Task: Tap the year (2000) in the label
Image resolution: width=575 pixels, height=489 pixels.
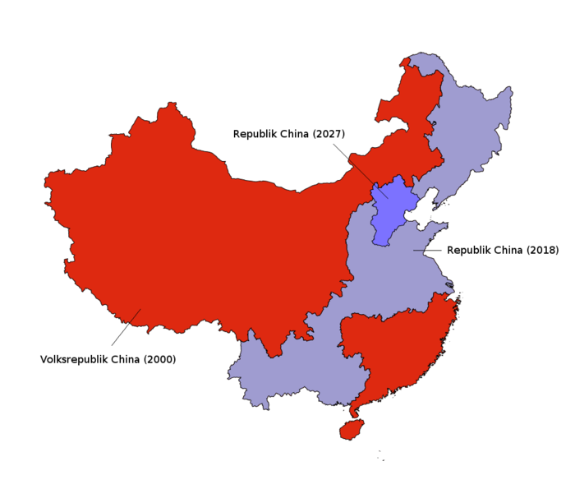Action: pos(159,359)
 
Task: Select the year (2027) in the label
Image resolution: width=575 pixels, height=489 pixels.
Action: pos(329,134)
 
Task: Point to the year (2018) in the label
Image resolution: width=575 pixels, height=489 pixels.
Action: pos(542,250)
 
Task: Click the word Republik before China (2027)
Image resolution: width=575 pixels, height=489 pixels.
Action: pos(256,134)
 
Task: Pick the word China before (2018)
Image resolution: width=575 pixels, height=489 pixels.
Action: pos(508,250)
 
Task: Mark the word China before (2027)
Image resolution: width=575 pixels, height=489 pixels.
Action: pos(296,134)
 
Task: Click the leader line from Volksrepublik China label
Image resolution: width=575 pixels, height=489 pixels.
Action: pos(126,327)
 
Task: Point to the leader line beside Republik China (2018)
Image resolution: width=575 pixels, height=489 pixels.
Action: pos(427,250)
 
